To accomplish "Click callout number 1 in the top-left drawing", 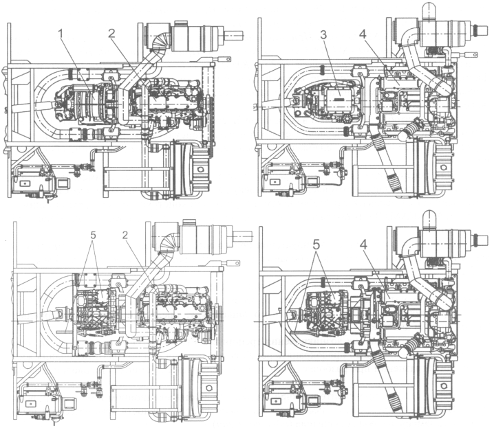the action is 62,34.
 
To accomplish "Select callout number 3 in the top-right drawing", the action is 324,35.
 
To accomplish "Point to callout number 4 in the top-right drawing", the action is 363,34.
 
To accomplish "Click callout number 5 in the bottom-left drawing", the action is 93,235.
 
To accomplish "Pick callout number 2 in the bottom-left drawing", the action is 125,235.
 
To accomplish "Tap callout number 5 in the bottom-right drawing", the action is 316,245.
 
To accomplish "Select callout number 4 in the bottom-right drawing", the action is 364,245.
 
